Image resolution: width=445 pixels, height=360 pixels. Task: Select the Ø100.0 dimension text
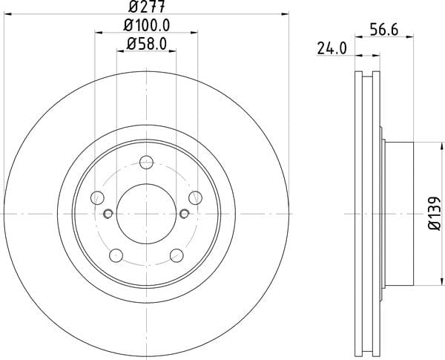tap(146, 25)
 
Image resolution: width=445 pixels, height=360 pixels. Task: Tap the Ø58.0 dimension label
tap(146, 44)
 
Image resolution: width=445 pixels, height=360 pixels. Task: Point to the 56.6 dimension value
tap(384, 30)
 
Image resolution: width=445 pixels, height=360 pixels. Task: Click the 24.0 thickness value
tap(332, 48)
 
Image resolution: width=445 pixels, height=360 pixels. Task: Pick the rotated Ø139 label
tap(435, 213)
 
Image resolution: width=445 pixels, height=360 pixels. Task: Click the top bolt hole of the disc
tap(146, 163)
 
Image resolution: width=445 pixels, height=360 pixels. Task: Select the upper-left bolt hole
tap(97, 197)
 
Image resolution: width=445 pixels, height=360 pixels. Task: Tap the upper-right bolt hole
tap(195, 197)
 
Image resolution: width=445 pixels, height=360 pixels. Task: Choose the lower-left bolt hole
tap(116, 255)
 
